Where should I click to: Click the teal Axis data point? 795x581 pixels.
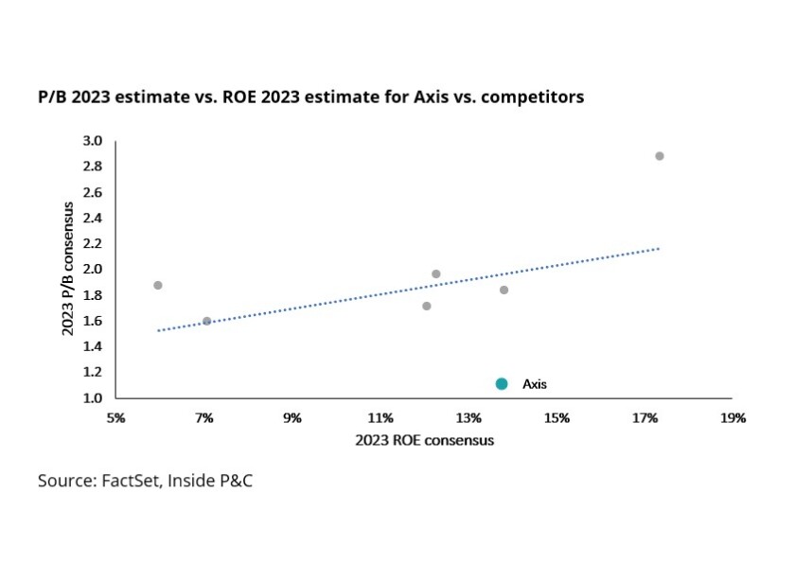pos(502,383)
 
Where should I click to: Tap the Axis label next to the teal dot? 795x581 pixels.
pos(535,384)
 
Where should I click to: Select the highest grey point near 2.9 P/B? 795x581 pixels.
pos(660,156)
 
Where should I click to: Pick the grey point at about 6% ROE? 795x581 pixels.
pos(158,285)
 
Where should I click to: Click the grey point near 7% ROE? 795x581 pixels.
pos(207,321)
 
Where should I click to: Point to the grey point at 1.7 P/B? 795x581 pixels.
pos(427,306)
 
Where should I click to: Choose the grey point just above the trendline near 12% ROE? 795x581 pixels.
pos(436,273)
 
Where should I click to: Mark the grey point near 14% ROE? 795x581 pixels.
pos(503,290)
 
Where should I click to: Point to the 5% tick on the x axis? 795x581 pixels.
pos(116,417)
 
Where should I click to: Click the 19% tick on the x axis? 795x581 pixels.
pos(733,417)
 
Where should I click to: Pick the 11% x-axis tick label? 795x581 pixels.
pos(380,417)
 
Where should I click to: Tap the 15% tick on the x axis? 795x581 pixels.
pos(556,417)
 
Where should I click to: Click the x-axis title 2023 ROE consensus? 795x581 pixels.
pos(424,440)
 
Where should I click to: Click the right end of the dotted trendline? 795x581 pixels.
pos(658,249)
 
